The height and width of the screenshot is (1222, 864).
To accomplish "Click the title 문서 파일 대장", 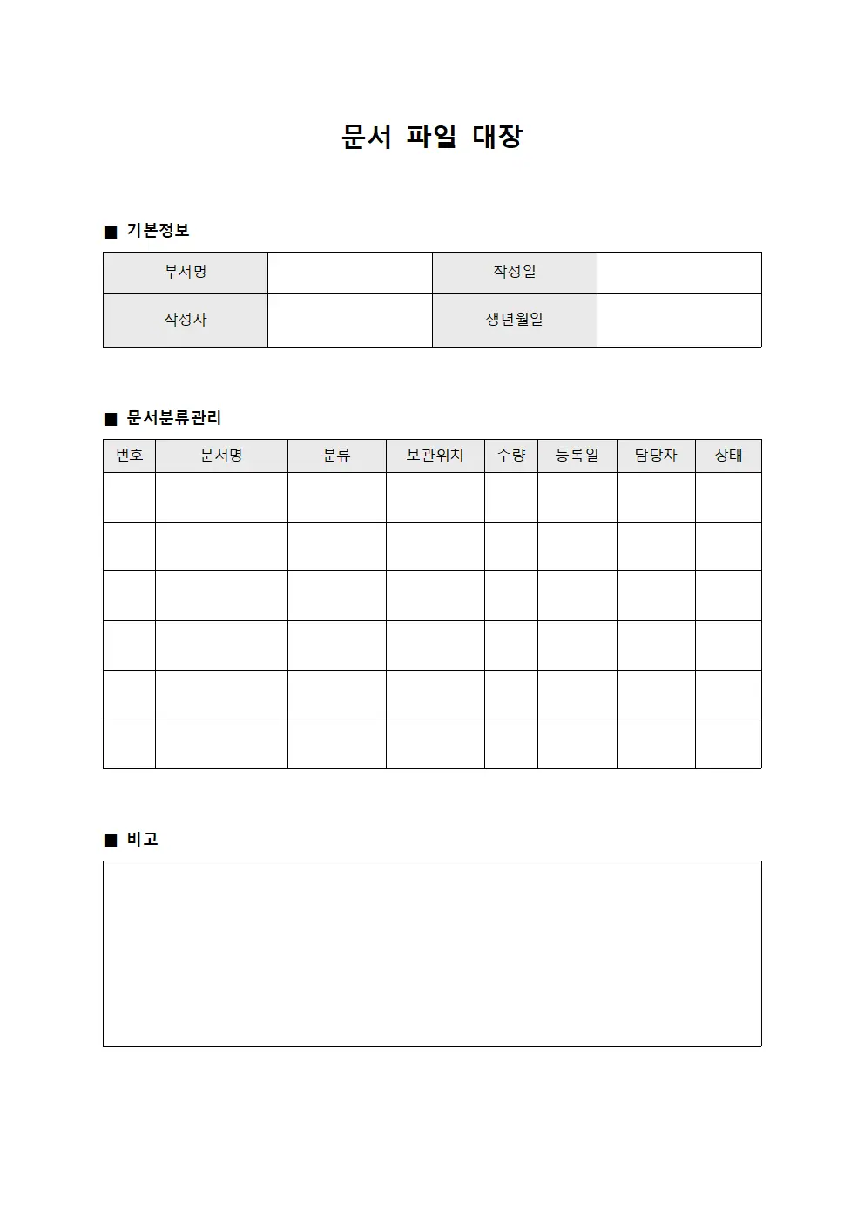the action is click(x=431, y=137).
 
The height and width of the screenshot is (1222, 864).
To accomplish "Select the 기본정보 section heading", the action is click(x=158, y=231).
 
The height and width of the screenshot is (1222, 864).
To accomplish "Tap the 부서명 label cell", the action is click(x=186, y=272).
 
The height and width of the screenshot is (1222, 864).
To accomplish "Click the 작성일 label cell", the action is click(x=515, y=272).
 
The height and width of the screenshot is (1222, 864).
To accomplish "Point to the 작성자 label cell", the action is click(x=186, y=320).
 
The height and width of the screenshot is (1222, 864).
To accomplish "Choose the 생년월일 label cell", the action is click(x=515, y=320).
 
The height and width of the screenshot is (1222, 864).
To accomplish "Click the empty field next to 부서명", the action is click(x=349, y=272).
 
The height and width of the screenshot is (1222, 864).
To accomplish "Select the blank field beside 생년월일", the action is click(x=678, y=320).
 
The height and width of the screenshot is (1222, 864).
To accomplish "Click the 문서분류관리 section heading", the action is click(x=174, y=418).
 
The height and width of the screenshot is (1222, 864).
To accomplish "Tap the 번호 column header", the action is click(x=129, y=456).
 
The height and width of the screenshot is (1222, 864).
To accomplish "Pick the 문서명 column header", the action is click(x=221, y=456).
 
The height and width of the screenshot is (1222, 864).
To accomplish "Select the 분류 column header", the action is click(x=336, y=456).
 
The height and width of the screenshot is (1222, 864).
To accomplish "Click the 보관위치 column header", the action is click(x=435, y=456).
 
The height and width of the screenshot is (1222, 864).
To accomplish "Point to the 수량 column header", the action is click(x=511, y=456).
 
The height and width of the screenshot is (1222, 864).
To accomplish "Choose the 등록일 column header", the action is click(x=577, y=456).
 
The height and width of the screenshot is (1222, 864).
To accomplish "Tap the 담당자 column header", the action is click(x=656, y=456).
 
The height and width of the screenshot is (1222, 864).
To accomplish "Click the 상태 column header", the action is click(x=728, y=456).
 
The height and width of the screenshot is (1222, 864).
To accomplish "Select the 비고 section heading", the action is click(x=142, y=840).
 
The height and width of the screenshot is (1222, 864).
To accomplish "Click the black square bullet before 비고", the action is click(x=110, y=841).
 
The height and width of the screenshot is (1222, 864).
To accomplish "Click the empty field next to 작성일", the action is click(x=678, y=272).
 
